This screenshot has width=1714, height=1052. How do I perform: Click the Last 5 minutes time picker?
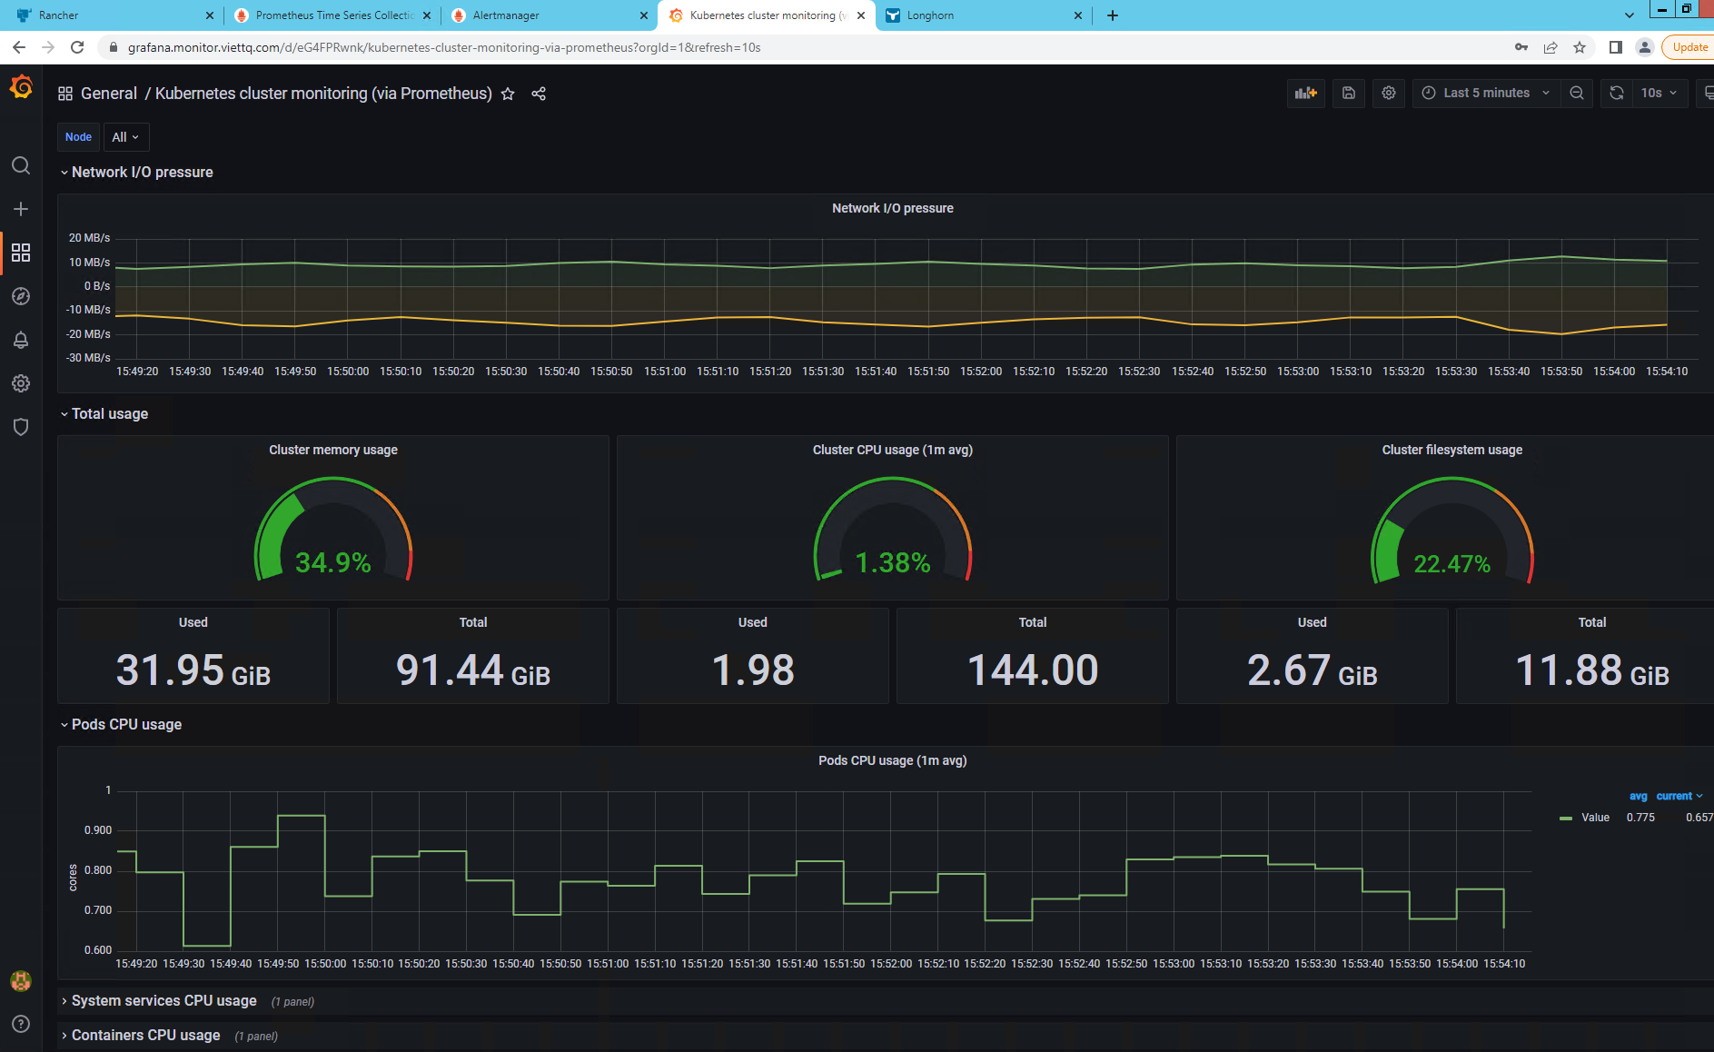point(1485,93)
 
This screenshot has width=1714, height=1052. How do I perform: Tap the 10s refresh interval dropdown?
point(1659,93)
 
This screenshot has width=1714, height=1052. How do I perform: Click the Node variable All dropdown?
point(125,137)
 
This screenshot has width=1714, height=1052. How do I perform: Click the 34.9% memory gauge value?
point(333,563)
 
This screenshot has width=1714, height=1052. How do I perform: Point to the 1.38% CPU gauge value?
point(893,563)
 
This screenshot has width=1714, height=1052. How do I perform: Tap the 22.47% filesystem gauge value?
point(1451,564)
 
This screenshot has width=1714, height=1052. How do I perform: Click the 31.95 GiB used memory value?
point(193,670)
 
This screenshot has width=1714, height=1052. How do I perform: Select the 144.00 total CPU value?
point(1033,670)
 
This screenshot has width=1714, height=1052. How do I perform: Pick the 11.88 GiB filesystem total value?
point(1591,670)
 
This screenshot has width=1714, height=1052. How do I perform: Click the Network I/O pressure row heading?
point(143,173)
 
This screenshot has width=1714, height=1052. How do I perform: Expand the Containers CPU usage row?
point(145,1036)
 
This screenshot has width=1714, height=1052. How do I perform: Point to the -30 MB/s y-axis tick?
point(88,358)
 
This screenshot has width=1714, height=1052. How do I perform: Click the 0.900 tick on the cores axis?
point(98,830)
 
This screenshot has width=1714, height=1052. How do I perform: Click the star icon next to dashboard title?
point(508,94)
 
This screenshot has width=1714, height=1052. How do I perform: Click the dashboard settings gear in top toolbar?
point(1389,93)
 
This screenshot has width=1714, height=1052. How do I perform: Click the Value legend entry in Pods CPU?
point(1595,818)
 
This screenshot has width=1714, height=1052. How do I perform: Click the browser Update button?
point(1689,47)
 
